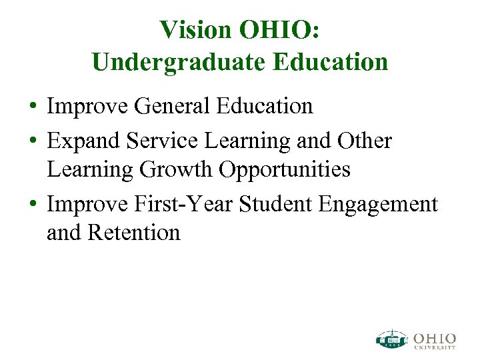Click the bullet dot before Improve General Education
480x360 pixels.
[x=32, y=107]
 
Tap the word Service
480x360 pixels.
[x=154, y=141]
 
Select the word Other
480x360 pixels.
[x=365, y=141]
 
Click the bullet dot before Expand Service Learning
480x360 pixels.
[x=32, y=141]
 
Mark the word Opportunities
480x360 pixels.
[x=285, y=169]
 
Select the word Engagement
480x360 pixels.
[x=379, y=203]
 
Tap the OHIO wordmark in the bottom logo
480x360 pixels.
[x=435, y=336]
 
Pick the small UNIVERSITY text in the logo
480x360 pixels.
[x=435, y=347]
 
